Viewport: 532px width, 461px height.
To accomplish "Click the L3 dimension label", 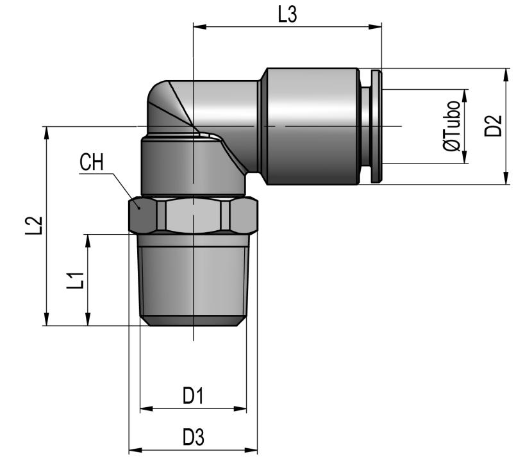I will tap(287, 14).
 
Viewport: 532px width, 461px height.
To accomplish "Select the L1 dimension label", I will tap(76, 280).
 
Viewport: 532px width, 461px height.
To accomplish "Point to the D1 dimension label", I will tap(193, 396).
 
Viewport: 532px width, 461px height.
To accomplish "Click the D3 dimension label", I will tap(193, 438).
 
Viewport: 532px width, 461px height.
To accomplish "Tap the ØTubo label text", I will tap(453, 126).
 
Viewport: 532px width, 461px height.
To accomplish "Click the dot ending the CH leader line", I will tap(138, 206).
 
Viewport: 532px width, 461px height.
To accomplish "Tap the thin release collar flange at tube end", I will tap(376, 126).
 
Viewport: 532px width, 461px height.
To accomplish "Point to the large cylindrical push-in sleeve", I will tap(312, 126).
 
